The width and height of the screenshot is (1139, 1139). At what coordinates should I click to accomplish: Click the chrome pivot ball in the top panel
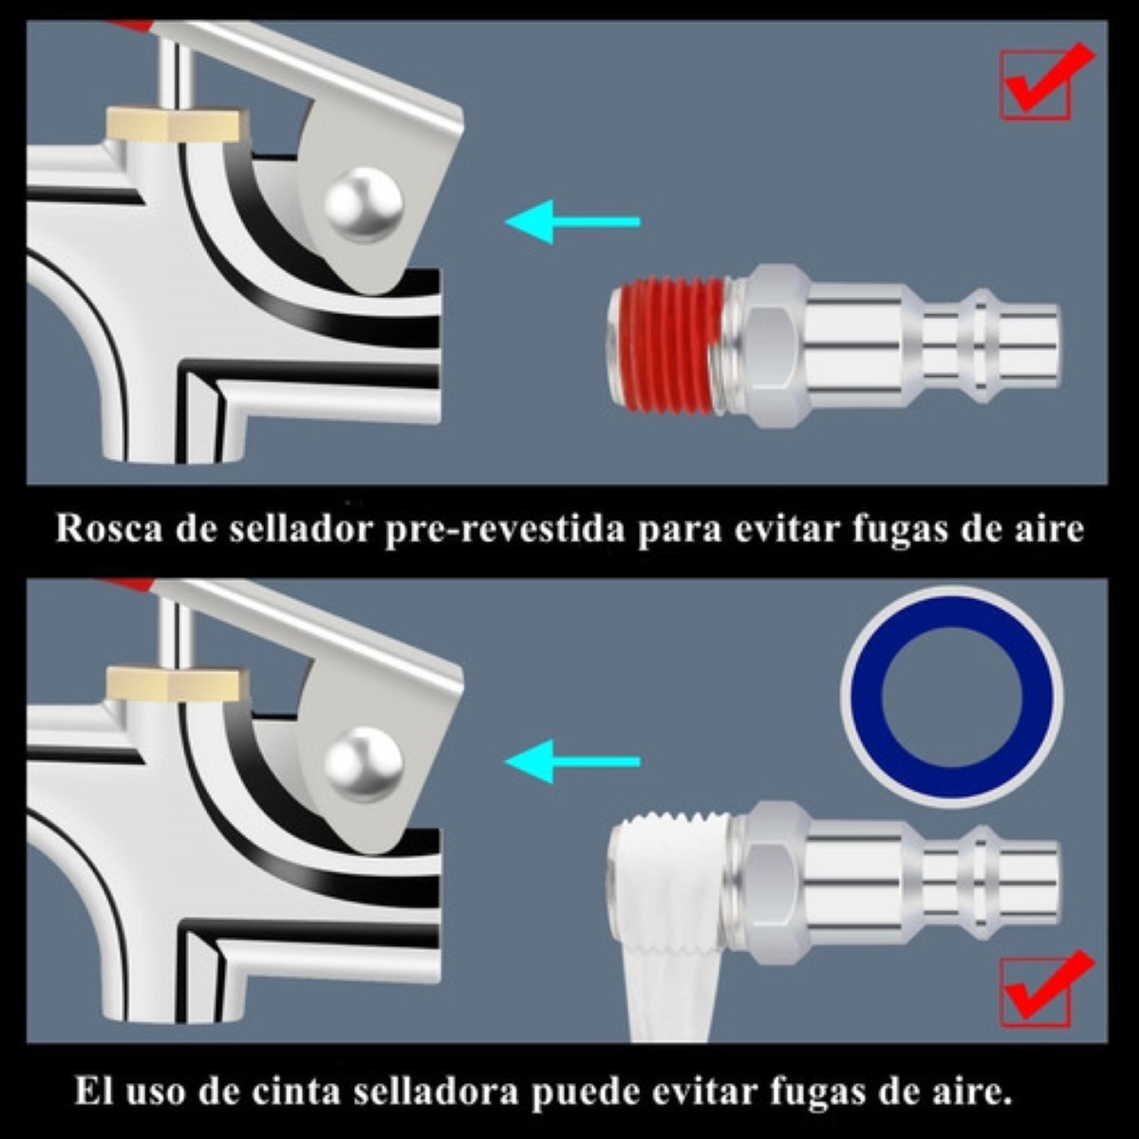click(364, 203)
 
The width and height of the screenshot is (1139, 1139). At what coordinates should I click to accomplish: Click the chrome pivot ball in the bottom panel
click(364, 763)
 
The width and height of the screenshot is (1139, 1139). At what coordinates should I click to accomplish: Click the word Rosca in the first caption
click(109, 529)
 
